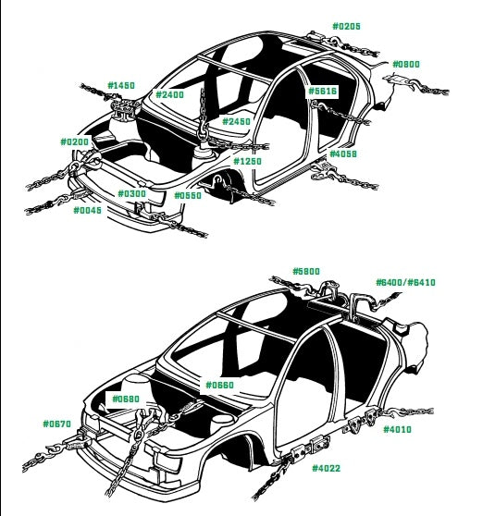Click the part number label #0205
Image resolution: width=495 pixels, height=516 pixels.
click(x=346, y=26)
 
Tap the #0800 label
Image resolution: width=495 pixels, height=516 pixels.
click(x=406, y=64)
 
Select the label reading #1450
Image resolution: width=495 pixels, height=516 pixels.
click(x=121, y=86)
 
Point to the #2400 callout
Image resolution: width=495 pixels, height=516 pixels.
click(x=169, y=94)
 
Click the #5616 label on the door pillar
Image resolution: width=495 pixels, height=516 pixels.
click(x=322, y=92)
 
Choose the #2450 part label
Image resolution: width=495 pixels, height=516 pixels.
click(x=237, y=121)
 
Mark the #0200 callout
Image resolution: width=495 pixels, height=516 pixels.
click(x=75, y=141)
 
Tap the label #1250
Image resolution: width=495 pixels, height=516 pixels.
click(x=248, y=161)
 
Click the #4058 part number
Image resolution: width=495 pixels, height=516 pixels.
click(x=343, y=154)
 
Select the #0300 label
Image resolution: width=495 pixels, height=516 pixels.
click(x=131, y=193)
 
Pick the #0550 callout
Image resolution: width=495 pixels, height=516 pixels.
click(x=188, y=195)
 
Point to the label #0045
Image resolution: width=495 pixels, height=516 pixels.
click(x=88, y=210)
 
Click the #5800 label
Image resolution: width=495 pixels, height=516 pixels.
click(x=306, y=271)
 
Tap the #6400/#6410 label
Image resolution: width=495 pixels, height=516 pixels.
click(x=406, y=282)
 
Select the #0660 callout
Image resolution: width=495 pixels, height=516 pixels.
click(x=219, y=385)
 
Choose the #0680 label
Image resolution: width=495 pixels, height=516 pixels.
click(x=126, y=399)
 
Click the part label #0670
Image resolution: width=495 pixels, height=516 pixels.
click(x=57, y=424)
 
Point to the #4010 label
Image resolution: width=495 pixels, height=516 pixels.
click(x=398, y=429)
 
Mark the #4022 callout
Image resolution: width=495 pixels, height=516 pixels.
click(x=327, y=468)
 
